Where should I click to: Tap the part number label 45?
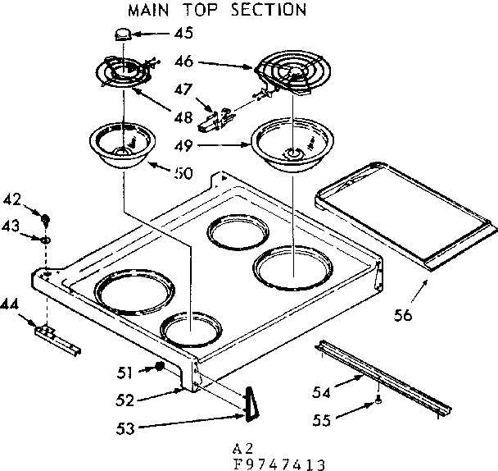[183, 34]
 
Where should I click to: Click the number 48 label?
[183, 117]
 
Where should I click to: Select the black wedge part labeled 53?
[250, 405]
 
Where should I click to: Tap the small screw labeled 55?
[378, 400]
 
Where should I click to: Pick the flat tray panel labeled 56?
[406, 217]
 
